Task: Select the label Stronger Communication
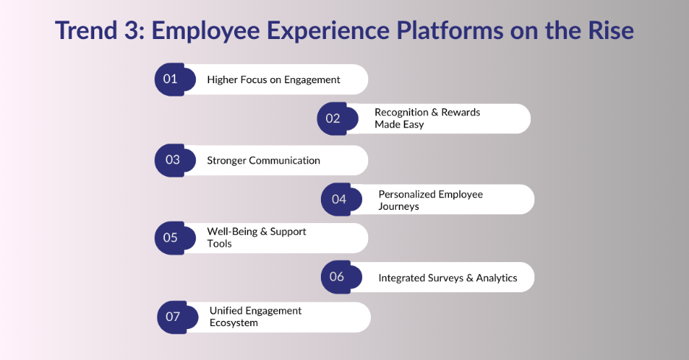264,160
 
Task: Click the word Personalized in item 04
407,194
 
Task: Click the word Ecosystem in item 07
233,323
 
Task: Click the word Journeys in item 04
398,207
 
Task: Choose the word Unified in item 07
227,311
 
